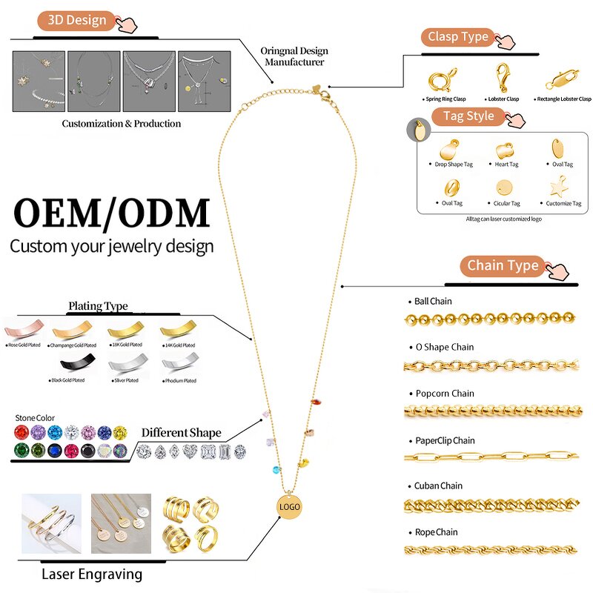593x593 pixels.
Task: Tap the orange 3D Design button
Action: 77,21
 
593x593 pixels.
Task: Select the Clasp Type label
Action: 458,36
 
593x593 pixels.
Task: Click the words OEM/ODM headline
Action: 112,213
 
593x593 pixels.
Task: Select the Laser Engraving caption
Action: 92,574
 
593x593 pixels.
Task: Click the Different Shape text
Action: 181,433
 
